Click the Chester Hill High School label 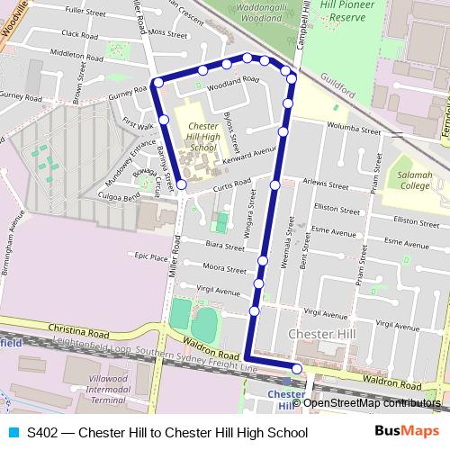(203, 136)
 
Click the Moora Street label (225, 268)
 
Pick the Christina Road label (78, 330)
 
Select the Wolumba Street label (350, 127)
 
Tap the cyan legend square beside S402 (12, 433)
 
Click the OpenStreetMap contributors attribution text (372, 402)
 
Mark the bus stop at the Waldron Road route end (297, 367)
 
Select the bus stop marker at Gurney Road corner (157, 84)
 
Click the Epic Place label (151, 256)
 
